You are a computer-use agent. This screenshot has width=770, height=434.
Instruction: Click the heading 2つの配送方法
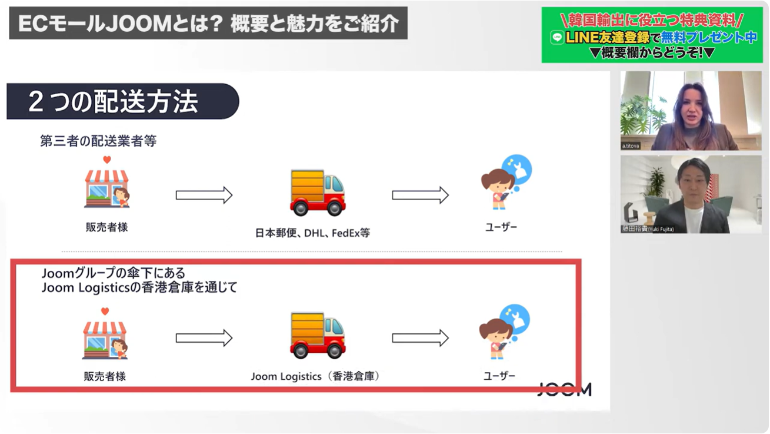[x=113, y=102]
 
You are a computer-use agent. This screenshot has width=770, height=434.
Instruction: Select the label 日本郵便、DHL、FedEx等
[x=312, y=233]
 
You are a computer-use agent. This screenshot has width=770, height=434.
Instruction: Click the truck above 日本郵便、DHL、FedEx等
[x=317, y=193]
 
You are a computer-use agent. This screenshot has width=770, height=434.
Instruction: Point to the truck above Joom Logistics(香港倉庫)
[x=317, y=335]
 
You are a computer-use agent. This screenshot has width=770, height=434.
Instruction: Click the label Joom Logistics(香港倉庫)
[x=316, y=376]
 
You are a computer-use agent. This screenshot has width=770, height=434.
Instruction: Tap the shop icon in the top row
[x=106, y=188]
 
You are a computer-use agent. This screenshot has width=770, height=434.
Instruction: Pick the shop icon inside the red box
[x=105, y=340]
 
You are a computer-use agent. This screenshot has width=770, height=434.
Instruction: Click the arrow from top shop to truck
[x=204, y=195]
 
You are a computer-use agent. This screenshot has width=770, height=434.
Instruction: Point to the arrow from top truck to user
[x=420, y=195]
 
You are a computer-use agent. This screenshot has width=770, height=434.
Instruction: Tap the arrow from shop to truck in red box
[x=204, y=337]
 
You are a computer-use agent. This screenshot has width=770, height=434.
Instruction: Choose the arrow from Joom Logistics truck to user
[x=420, y=337]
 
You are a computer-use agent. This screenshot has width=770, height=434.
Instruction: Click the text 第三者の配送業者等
[x=98, y=141]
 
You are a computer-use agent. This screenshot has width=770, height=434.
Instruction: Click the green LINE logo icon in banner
[x=556, y=38]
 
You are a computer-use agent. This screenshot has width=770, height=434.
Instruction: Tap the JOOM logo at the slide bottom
[x=564, y=389]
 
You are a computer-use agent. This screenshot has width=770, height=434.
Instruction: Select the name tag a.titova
[x=631, y=145]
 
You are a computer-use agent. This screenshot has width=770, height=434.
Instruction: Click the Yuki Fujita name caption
[x=648, y=229]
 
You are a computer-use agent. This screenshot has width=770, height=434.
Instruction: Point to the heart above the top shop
[x=106, y=160]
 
